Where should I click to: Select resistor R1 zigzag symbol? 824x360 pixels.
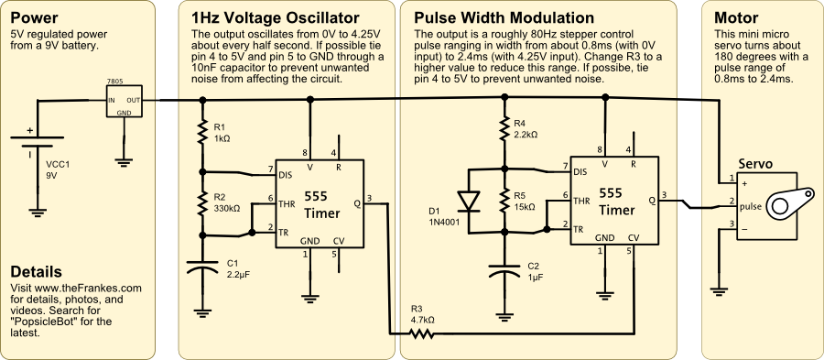(201, 134)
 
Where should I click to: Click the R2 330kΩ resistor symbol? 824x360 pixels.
(201, 202)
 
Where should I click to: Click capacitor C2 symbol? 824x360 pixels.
(505, 270)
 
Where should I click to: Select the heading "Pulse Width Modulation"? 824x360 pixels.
(504, 18)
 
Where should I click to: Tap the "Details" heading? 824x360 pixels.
(36, 272)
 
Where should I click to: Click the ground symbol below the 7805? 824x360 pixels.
(124, 162)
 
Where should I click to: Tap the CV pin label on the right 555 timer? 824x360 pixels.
(634, 238)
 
